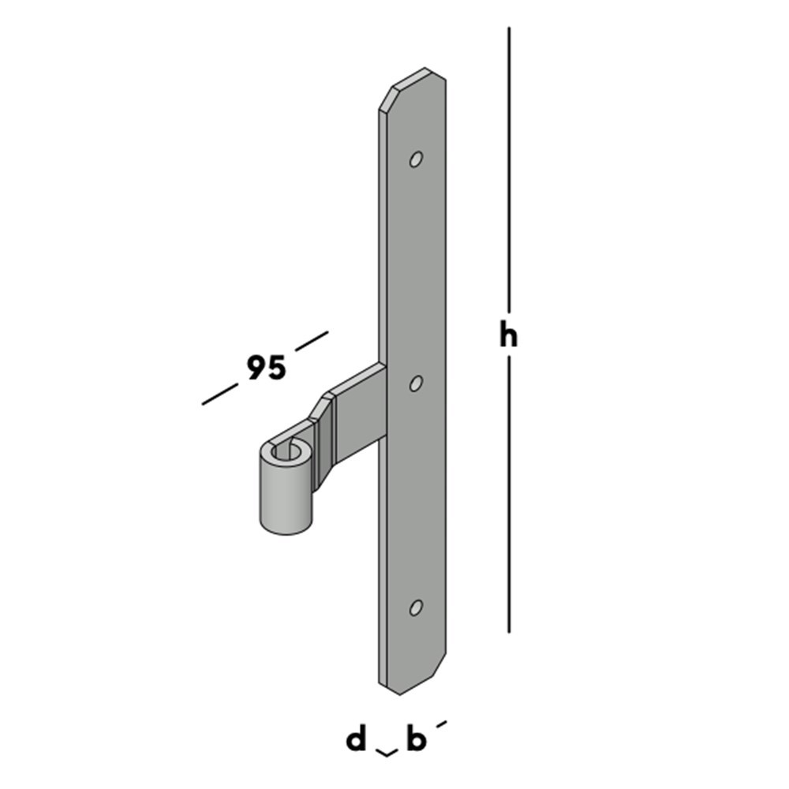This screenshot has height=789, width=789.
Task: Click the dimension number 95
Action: tap(266, 368)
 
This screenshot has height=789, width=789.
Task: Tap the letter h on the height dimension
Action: tap(509, 335)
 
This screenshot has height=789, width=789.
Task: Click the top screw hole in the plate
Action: tap(415, 159)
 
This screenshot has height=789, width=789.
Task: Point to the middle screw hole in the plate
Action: tap(415, 383)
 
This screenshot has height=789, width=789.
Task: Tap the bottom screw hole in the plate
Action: tap(415, 608)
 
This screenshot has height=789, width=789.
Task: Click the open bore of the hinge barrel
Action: tap(286, 453)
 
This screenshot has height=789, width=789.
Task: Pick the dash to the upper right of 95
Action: tap(311, 340)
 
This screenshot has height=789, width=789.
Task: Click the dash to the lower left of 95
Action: tap(220, 394)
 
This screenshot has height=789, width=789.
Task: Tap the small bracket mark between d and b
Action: tap(386, 753)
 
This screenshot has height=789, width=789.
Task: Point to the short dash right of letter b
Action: tap(441, 723)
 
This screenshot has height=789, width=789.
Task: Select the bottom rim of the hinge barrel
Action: tap(284, 530)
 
